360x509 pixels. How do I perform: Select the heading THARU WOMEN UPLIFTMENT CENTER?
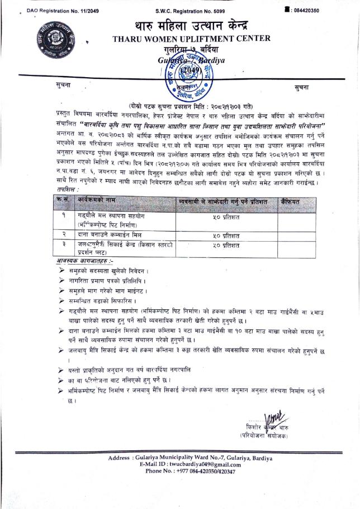coord(191,39)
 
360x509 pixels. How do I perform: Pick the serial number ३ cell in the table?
coord(66,245)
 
